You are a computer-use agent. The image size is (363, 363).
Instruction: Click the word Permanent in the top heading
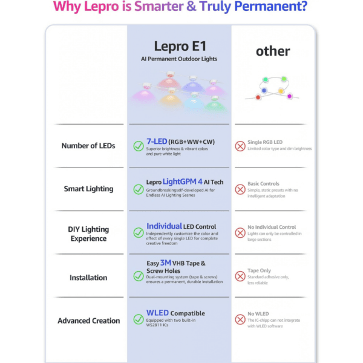tap(270, 6)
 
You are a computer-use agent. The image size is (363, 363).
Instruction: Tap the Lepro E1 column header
tap(180, 46)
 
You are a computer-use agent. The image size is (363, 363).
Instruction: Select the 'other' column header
tap(273, 51)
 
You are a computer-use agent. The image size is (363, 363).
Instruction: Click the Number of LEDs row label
tap(88, 146)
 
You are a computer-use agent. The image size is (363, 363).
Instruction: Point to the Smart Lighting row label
tap(88, 189)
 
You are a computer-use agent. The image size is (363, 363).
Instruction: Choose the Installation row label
tap(88, 277)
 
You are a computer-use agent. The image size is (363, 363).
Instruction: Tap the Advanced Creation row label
tap(89, 321)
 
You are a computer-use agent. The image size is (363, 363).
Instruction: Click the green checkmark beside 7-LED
tap(139, 146)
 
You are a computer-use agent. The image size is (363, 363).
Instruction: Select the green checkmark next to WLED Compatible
tap(139, 319)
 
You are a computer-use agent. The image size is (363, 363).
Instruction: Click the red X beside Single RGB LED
tap(240, 146)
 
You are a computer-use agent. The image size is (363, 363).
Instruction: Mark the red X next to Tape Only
tap(240, 276)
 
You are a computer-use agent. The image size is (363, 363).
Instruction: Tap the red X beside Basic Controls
tap(240, 189)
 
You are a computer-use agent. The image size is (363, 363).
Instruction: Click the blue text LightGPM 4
tap(183, 181)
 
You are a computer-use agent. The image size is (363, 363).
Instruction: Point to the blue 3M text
tap(166, 263)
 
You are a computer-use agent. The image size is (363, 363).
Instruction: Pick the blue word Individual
tap(164, 226)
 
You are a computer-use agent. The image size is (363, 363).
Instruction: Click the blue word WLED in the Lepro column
tap(157, 313)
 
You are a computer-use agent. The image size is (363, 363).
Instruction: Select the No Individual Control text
tap(272, 227)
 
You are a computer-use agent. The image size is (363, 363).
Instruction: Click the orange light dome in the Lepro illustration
tap(170, 98)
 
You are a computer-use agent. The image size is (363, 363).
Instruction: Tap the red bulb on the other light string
tap(258, 97)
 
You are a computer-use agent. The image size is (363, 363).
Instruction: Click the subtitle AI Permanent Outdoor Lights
tap(179, 59)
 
